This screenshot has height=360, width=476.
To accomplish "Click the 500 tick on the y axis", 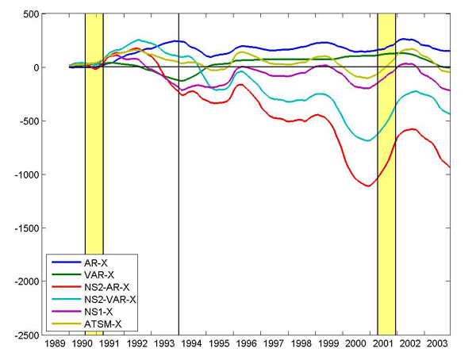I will click(x=29, y=14).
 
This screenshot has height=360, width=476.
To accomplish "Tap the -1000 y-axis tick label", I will click(x=25, y=174).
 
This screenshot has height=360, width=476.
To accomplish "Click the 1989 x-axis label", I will click(x=55, y=346).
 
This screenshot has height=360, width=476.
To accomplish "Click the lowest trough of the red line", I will click(x=368, y=186).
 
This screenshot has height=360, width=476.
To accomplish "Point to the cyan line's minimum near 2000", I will click(x=367, y=140).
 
